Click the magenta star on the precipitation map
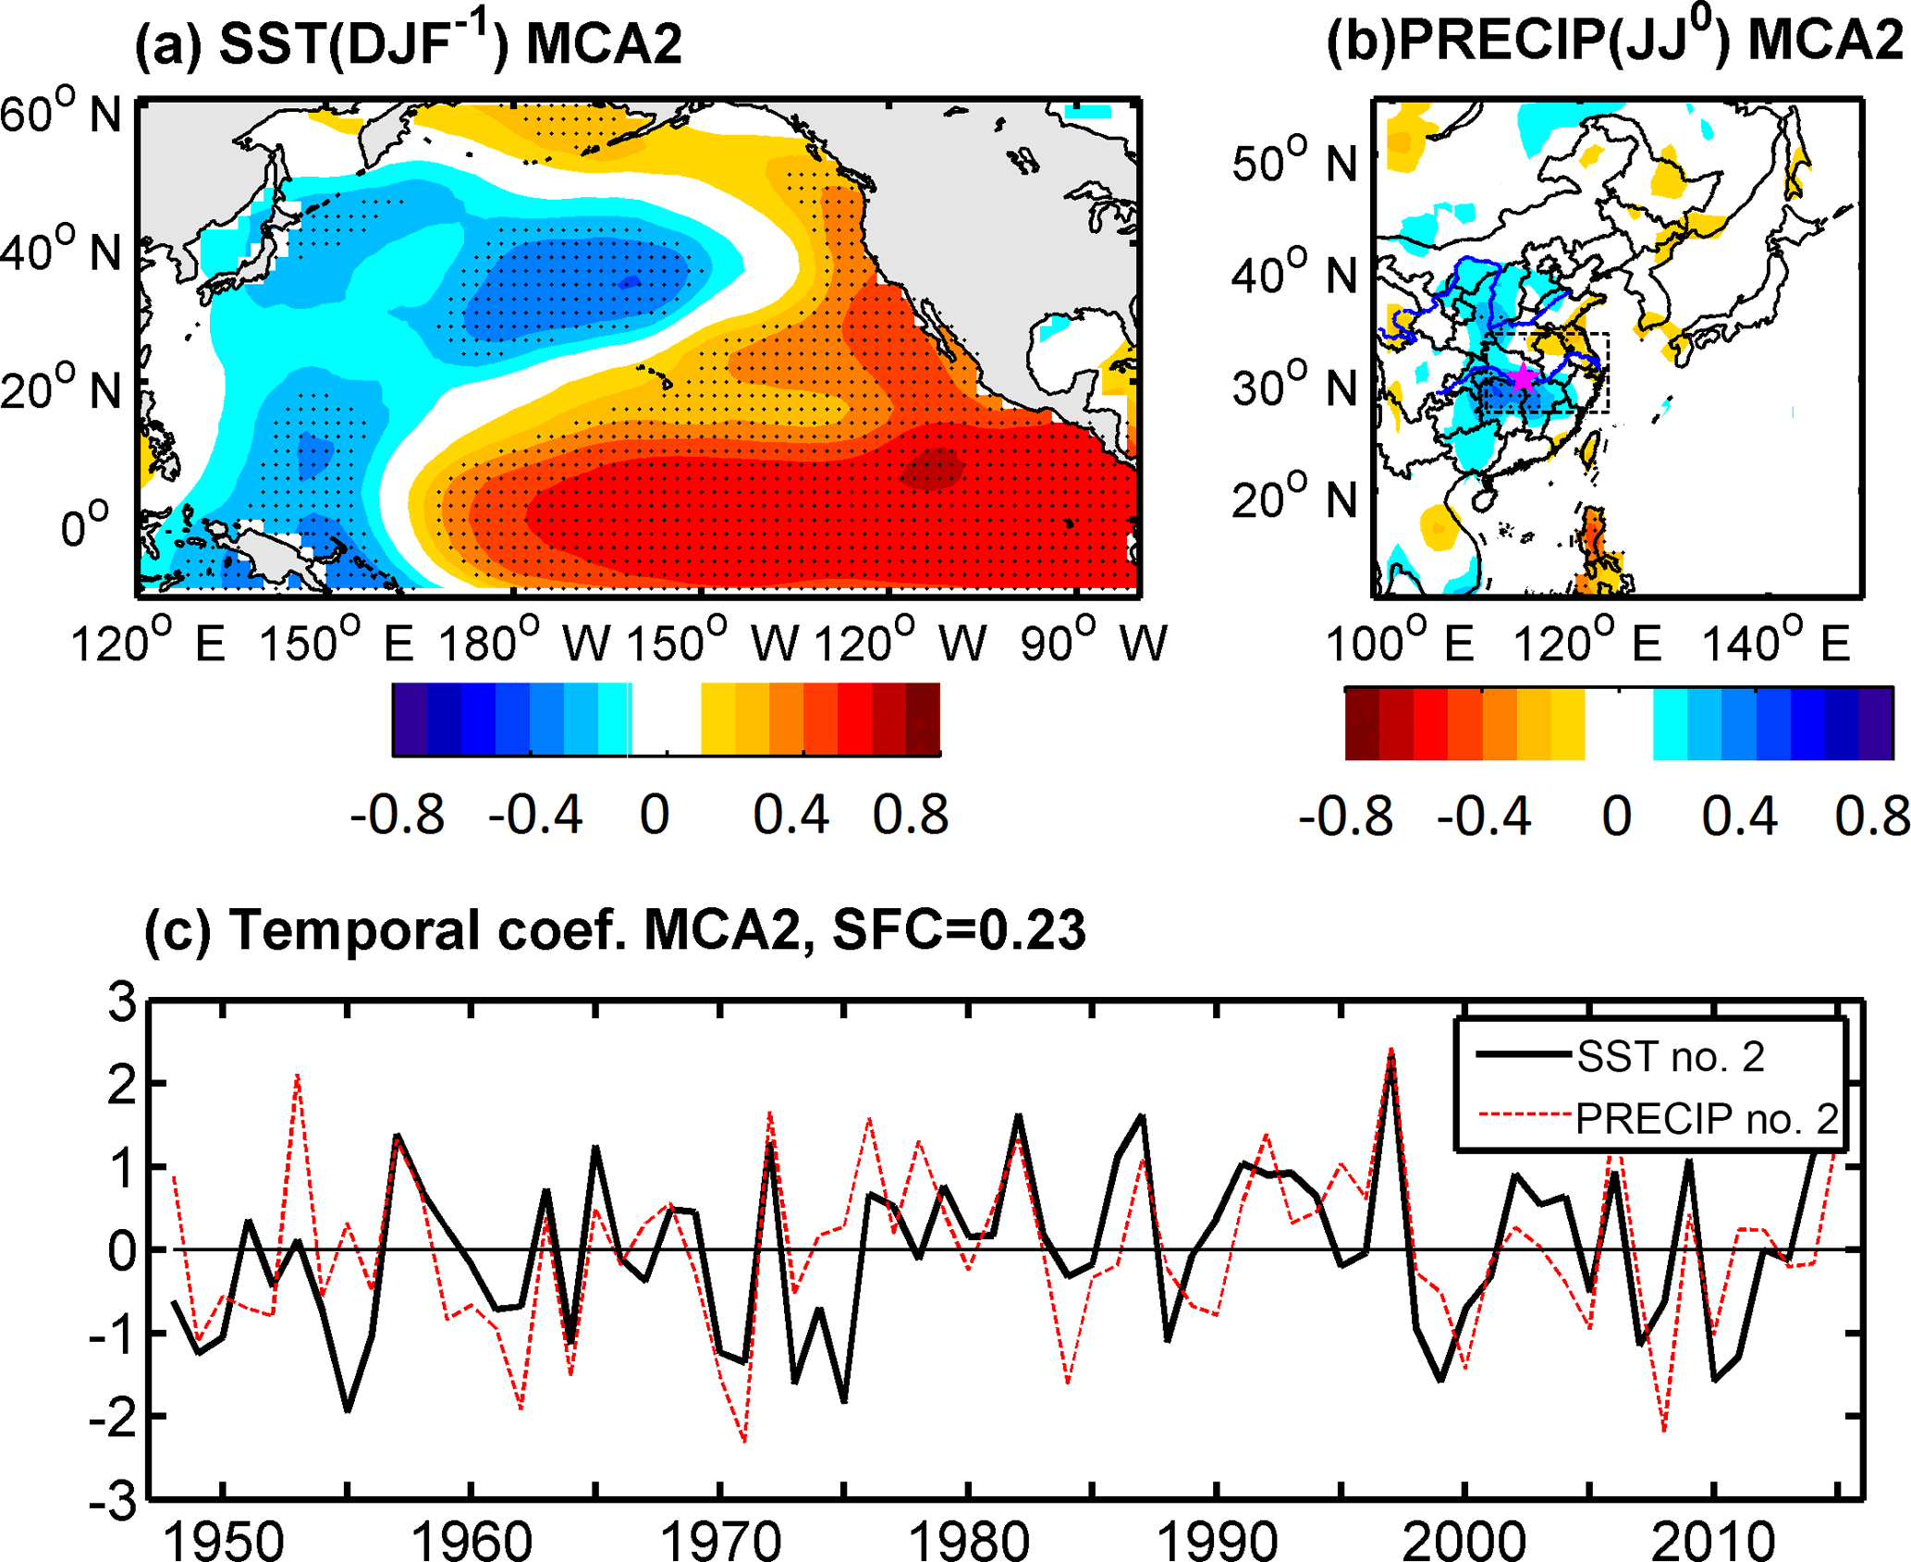[1521, 377]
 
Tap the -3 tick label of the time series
[112, 1500]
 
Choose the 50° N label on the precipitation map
[1294, 162]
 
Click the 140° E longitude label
[1776, 641]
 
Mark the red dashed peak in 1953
[298, 1076]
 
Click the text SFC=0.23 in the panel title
[959, 929]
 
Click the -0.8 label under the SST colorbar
[398, 816]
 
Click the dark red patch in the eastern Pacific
[932, 468]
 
